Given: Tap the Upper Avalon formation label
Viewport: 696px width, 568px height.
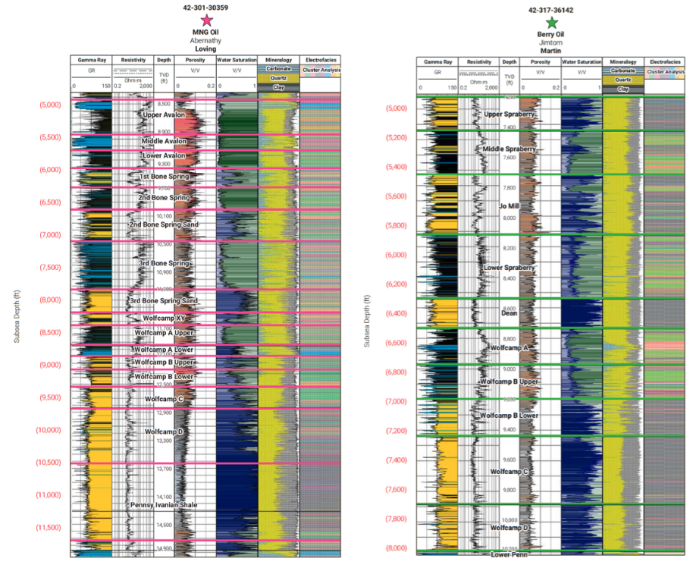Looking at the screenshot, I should pos(164,115).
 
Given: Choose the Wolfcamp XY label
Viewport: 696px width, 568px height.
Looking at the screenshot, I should pos(164,318).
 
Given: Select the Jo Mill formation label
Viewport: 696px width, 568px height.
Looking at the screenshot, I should pos(509,206).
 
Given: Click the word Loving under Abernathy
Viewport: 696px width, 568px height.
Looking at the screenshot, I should pos(207,49).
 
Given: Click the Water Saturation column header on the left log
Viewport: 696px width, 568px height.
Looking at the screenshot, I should pos(237,60).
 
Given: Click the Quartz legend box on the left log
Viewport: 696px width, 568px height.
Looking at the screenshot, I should pos(278,77).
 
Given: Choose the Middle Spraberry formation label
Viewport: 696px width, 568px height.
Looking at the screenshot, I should pos(509,149).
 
